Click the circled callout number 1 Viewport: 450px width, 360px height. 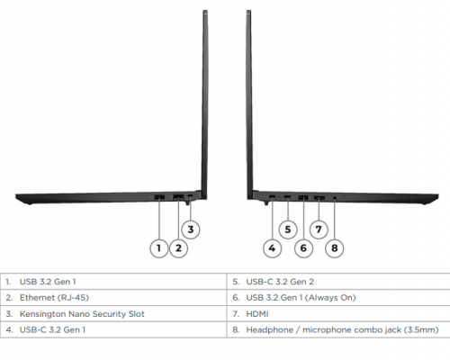(x=158, y=248)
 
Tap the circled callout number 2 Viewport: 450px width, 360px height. (x=178, y=248)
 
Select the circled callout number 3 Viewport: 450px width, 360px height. (x=191, y=229)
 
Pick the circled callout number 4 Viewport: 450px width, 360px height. (x=272, y=248)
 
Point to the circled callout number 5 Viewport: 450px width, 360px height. (x=288, y=229)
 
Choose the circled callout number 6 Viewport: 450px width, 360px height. (x=303, y=248)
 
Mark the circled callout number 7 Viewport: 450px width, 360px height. (x=319, y=229)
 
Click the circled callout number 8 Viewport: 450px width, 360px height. (x=335, y=248)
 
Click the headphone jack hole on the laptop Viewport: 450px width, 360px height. (x=335, y=198)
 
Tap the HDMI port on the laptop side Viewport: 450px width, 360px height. (x=319, y=197)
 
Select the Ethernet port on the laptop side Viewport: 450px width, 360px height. (x=178, y=197)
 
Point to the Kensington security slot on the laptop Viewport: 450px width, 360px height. (x=190, y=196)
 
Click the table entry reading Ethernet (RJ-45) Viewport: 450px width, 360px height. (x=54, y=298)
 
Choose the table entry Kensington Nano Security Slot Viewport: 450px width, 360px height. (x=82, y=314)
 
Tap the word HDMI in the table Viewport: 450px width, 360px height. (x=257, y=314)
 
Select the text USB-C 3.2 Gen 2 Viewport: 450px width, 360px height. (x=280, y=282)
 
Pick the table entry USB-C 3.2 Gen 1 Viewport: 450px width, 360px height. (x=52, y=330)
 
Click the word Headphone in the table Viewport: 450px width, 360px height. (x=270, y=330)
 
